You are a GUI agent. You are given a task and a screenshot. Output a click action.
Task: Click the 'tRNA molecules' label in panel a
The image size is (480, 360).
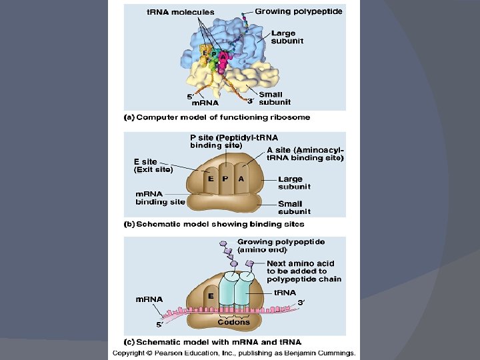tap(181, 12)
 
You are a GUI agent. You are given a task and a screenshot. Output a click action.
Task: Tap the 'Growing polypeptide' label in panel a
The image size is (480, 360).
tap(299, 11)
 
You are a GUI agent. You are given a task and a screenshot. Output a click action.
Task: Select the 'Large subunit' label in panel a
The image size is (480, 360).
tap(287, 37)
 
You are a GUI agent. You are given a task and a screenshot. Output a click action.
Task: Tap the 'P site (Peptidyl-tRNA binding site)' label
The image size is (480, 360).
tap(225, 141)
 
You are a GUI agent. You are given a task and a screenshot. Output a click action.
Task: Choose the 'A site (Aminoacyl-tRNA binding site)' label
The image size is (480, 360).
tap(305, 153)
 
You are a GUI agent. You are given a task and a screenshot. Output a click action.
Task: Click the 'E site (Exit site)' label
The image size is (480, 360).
tap(154, 165)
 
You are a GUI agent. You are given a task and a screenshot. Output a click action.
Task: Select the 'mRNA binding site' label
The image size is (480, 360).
tap(160, 197)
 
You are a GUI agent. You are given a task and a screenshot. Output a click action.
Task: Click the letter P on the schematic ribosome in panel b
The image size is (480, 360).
tap(225, 178)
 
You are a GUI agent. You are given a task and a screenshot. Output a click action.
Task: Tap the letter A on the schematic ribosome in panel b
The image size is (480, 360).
tap(241, 178)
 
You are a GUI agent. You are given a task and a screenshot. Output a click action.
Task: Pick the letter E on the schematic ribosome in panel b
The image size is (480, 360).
tap(210, 178)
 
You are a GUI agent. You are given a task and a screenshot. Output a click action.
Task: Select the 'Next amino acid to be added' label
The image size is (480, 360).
tap(303, 271)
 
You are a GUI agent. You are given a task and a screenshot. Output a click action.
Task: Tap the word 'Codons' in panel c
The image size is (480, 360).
tap(233, 322)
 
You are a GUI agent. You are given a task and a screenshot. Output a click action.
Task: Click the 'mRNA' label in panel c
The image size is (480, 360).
tap(149, 299)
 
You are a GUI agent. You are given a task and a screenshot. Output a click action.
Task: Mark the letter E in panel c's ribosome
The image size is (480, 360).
tap(210, 295)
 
